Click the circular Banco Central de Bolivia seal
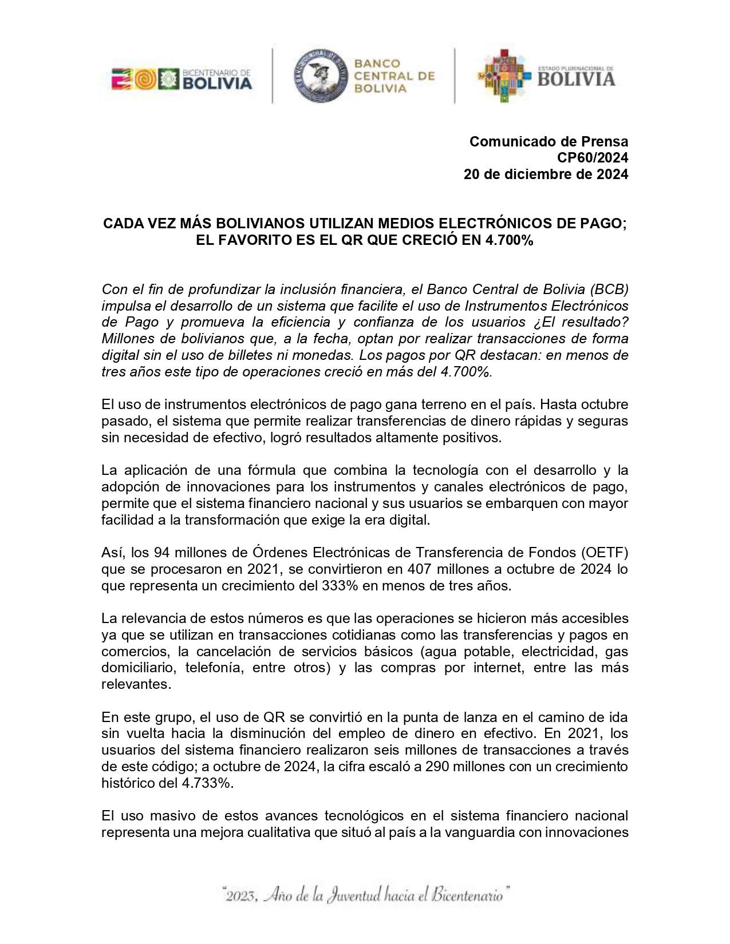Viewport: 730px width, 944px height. (x=320, y=75)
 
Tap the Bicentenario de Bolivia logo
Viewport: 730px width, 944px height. (x=181, y=79)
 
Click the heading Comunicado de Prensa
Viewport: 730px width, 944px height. (x=549, y=141)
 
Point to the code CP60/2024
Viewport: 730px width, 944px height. (x=590, y=158)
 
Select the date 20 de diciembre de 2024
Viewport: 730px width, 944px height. (x=546, y=174)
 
